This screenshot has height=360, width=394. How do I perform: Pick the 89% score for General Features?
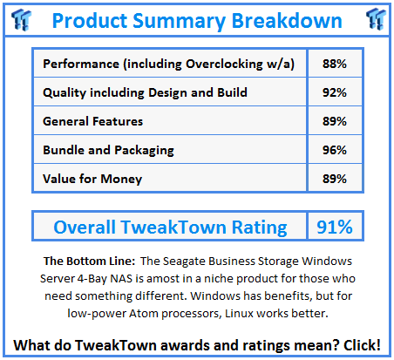click(331, 122)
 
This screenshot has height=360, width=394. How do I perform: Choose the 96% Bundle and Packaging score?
click(331, 150)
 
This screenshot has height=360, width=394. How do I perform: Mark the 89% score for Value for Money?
click(331, 178)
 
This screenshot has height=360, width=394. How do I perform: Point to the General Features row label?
click(93, 122)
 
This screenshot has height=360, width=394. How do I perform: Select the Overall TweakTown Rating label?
click(170, 228)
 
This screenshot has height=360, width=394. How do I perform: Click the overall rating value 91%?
click(334, 228)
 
